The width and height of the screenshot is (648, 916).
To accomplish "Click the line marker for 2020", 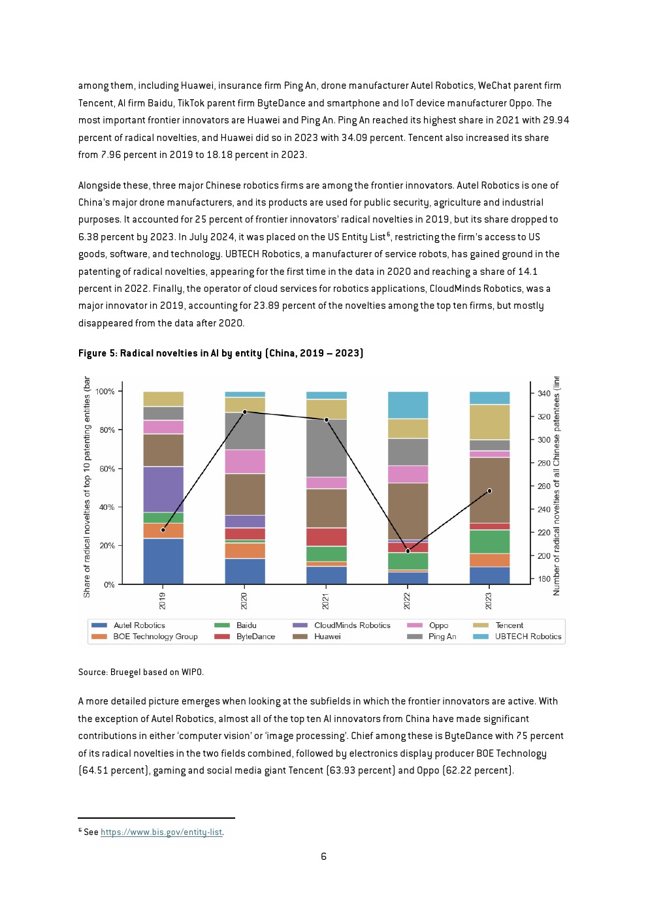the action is pyautogui.click(x=245, y=412).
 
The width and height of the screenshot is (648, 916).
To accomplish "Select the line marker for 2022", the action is pyautogui.click(x=408, y=551).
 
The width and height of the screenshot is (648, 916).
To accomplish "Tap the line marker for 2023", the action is pyautogui.click(x=489, y=491).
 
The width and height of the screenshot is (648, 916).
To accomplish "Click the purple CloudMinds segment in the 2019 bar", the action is pyautogui.click(x=163, y=489).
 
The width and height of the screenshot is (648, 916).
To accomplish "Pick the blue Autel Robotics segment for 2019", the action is pyautogui.click(x=163, y=561).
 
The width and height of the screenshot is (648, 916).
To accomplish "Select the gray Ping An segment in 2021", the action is pyautogui.click(x=327, y=448).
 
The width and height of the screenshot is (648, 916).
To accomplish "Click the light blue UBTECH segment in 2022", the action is pyautogui.click(x=408, y=405).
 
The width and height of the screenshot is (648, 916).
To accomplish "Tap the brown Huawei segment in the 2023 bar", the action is pyautogui.click(x=489, y=490).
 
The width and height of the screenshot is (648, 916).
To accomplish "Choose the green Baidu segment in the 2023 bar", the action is pyautogui.click(x=489, y=541).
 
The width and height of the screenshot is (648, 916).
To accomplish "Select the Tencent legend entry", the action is pyautogui.click(x=498, y=625).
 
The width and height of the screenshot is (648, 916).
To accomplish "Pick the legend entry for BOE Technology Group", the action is pyautogui.click(x=144, y=637).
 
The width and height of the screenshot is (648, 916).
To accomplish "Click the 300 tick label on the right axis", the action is pyautogui.click(x=544, y=440).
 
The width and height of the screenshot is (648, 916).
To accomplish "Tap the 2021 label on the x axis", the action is pyautogui.click(x=326, y=601).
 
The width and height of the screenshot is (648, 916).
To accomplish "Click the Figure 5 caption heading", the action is pyautogui.click(x=221, y=353).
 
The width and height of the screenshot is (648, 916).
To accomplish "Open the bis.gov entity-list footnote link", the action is pyautogui.click(x=161, y=832).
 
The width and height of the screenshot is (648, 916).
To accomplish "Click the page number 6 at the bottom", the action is pyautogui.click(x=323, y=856).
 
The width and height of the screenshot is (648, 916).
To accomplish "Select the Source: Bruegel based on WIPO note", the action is pyautogui.click(x=140, y=672).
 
